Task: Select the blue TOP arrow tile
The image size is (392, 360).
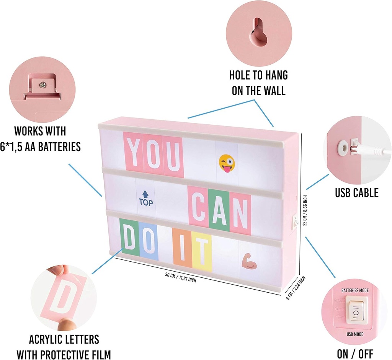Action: (x=146, y=198)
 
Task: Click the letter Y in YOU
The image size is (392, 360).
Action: (x=133, y=151)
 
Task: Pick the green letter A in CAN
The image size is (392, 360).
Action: (x=219, y=209)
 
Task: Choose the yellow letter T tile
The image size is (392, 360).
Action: (x=202, y=251)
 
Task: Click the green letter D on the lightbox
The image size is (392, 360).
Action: (x=129, y=237)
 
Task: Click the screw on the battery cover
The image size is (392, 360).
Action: (x=43, y=85)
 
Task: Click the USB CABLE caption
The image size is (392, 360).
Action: (x=357, y=193)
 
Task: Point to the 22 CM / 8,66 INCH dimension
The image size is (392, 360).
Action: (x=304, y=210)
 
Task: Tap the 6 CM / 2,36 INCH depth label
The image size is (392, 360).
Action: (x=296, y=288)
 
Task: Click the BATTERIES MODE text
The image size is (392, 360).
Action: (x=355, y=290)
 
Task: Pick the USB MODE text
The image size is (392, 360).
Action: (x=355, y=334)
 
